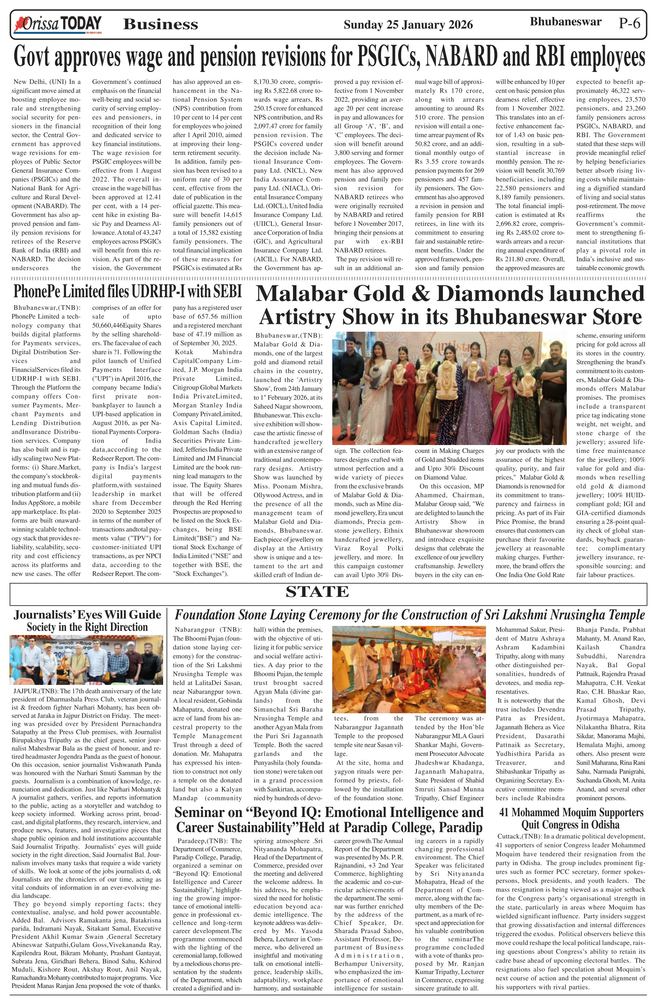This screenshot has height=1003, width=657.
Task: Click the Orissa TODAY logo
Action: [58, 25]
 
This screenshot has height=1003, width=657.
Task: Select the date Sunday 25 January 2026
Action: [408, 25]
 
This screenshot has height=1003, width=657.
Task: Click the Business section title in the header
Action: [160, 25]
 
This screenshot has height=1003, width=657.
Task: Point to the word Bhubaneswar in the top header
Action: [565, 22]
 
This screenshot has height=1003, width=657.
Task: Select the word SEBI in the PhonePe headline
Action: [227, 291]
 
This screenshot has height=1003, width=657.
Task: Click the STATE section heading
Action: [317, 592]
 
